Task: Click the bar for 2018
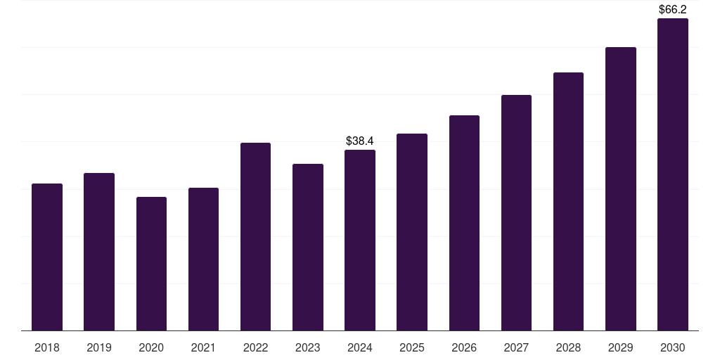47,257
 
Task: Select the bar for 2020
151,264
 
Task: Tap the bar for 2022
255,237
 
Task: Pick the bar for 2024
360,240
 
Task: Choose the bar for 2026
464,223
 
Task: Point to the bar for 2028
568,202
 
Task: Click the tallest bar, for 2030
672,174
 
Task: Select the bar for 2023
308,247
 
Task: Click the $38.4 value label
360,141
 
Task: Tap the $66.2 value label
672,10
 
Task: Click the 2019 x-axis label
99,348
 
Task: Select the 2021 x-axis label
203,348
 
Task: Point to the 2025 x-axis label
412,348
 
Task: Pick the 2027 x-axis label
516,348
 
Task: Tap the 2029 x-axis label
620,348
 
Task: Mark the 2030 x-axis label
672,348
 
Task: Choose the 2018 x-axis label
47,348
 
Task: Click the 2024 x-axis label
360,348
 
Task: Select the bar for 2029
620,189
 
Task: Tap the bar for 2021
203,259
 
